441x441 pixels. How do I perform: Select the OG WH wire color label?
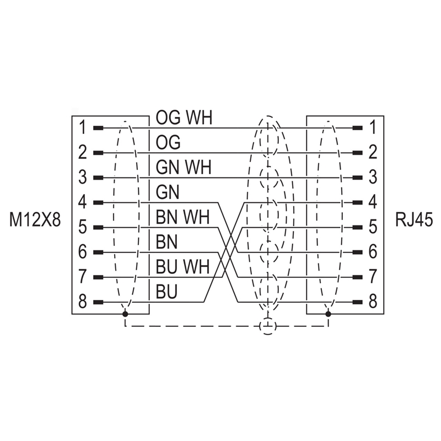click(x=184, y=117)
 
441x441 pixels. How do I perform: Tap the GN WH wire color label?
click(x=183, y=167)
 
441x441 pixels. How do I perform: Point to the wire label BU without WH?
click(x=166, y=292)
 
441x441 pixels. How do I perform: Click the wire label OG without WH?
click(x=168, y=142)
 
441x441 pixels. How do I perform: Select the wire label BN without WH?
click(x=166, y=242)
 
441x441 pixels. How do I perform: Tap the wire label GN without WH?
click(x=167, y=192)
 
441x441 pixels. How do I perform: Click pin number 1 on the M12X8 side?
click(x=82, y=128)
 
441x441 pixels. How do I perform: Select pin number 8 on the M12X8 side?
click(x=82, y=302)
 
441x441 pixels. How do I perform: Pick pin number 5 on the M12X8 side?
click(x=82, y=227)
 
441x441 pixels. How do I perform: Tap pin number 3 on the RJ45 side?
click(x=372, y=178)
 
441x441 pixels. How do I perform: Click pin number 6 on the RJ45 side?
click(x=372, y=252)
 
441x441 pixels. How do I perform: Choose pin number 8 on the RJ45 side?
click(x=372, y=302)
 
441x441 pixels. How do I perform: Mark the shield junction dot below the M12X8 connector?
click(x=125, y=314)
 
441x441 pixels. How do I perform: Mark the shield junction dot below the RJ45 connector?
click(x=329, y=314)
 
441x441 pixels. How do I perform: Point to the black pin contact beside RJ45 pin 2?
click(x=357, y=153)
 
